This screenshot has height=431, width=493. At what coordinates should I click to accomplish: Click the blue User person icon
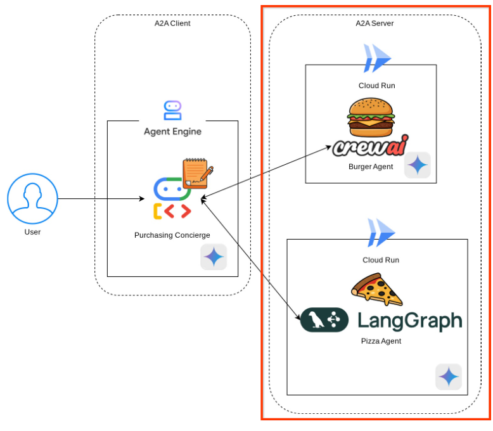pos(32,200)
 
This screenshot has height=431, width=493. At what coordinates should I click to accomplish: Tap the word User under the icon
pos(32,232)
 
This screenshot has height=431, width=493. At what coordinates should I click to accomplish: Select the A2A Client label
pos(172,23)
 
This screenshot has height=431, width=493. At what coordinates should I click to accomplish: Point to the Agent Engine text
pos(172,132)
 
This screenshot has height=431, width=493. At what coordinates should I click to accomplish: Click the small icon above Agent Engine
pos(172,110)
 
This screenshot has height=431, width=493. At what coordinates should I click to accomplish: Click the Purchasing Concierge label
pos(172,235)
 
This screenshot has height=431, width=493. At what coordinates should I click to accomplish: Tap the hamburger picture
pos(371,117)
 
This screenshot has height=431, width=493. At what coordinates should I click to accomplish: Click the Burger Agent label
pos(371,167)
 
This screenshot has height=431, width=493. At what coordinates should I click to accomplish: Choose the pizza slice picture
pos(377,290)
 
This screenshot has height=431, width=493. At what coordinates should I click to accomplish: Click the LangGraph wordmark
pos(409,320)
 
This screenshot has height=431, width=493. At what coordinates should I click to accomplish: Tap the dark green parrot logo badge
pos(324,320)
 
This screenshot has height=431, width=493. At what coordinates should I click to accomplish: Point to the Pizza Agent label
pos(381,341)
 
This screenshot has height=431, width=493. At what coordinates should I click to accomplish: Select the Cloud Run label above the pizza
pos(381,260)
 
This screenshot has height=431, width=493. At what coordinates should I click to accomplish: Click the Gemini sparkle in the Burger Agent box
pos(417,165)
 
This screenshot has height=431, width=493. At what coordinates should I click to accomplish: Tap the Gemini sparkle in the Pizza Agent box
pos(448,377)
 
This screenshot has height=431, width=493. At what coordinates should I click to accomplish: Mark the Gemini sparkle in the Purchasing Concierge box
pos(214,257)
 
